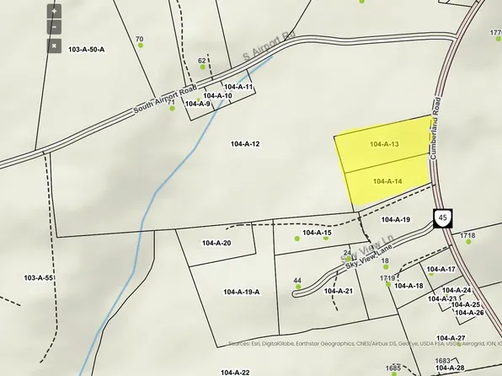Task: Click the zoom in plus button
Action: coord(54,12)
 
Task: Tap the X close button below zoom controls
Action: coord(54,46)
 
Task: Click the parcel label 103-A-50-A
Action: coord(87,50)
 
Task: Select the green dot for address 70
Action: coord(141,47)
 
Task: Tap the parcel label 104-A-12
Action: coord(244,144)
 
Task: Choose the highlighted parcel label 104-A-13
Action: coord(383,144)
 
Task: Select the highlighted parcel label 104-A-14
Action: coord(387,181)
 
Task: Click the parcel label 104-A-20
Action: coord(216,243)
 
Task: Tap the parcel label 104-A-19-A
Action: coord(243,292)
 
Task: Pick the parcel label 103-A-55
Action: coord(38,277)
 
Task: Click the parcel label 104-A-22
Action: coord(235,372)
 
